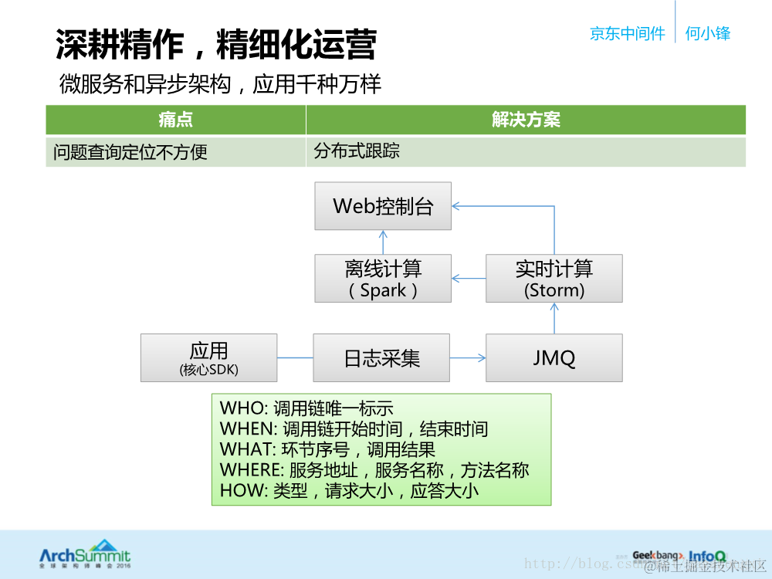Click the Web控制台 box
point(383,206)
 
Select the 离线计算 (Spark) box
point(383,279)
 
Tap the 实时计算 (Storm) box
point(554,279)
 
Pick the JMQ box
point(554,357)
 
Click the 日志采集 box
point(381,357)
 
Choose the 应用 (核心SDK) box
point(208,357)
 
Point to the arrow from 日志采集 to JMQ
point(468,357)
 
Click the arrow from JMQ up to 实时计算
point(554,317)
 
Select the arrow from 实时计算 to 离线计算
point(469,279)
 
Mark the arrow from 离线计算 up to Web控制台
point(383,242)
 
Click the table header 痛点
point(175,120)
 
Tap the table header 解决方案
point(526,120)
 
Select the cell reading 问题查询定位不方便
point(130,152)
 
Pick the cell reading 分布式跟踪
point(357,151)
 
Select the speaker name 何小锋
point(707,33)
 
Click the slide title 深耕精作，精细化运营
point(216,45)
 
